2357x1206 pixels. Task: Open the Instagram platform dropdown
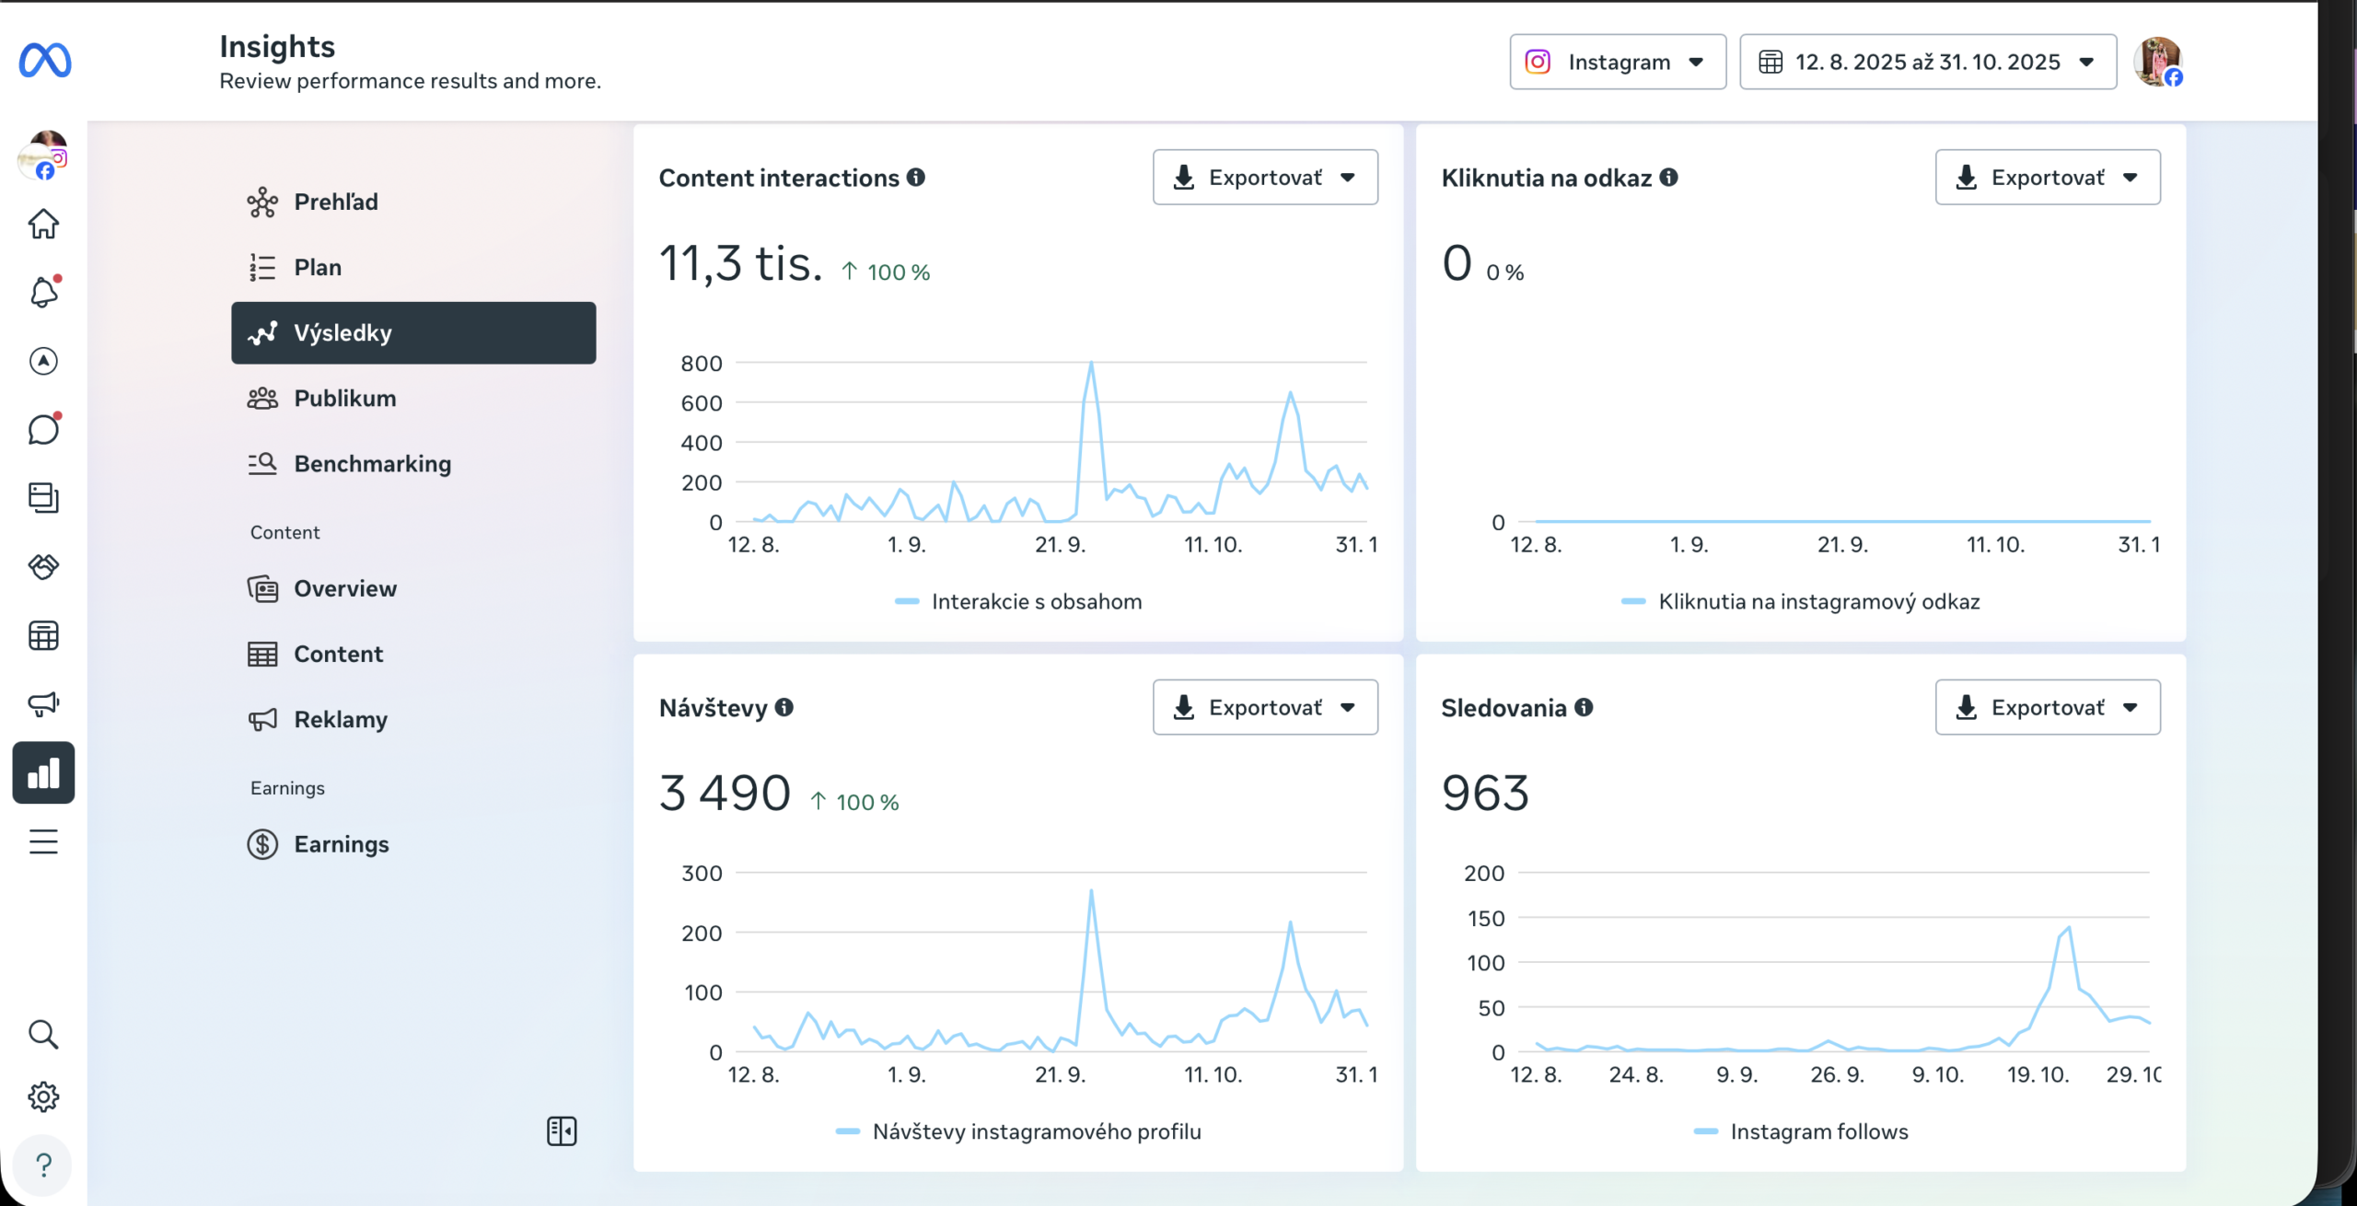point(1618,62)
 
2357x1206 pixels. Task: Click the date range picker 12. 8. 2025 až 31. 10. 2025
point(1928,62)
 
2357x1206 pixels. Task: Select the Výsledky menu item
point(413,332)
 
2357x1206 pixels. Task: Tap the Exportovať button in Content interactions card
point(1265,177)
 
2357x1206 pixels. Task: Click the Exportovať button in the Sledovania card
point(2048,707)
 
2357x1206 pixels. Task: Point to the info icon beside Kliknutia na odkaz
point(1668,177)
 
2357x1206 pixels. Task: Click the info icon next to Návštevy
point(784,707)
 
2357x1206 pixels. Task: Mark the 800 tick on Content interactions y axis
point(702,364)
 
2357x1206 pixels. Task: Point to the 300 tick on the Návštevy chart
point(702,874)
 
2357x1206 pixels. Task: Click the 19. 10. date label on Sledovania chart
point(2038,1074)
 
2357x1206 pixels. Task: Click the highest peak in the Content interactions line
point(1091,363)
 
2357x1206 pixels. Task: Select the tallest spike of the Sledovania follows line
point(2070,928)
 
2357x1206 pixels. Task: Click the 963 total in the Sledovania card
point(1485,793)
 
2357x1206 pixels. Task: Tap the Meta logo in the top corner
point(45,61)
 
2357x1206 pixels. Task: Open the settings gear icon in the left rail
point(43,1097)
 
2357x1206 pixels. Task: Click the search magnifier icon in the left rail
point(43,1035)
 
